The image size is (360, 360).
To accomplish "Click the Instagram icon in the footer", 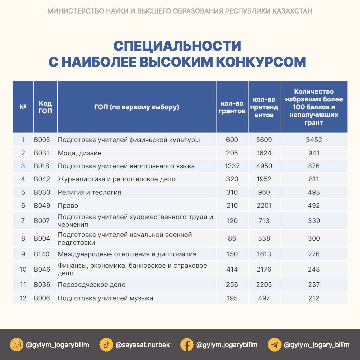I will (17, 345).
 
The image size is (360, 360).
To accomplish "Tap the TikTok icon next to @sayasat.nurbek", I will (106, 345).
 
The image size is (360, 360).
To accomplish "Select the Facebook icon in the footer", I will (187, 345).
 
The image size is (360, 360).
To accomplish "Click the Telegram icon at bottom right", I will (274, 345).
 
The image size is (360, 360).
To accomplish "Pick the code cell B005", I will (42, 140).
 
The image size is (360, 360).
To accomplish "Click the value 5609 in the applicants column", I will (264, 140).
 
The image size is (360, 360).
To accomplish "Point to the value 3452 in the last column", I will (314, 140).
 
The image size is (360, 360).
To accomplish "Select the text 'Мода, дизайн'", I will (80, 153).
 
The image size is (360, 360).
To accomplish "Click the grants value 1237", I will (232, 166).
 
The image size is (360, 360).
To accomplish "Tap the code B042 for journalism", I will (42, 179).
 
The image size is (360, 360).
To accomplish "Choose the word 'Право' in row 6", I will (68, 206).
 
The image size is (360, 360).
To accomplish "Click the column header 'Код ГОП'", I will (45, 107).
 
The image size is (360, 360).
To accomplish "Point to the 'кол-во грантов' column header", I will (232, 107).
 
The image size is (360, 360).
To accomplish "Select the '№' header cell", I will (23, 107).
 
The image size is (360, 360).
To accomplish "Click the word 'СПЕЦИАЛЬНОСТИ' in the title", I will (177, 46).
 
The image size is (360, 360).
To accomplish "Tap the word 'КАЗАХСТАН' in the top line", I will (292, 11).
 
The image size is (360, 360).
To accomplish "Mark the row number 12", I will (23, 298).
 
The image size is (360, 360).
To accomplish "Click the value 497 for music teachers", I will (264, 298).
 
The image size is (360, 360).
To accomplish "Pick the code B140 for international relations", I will (42, 254).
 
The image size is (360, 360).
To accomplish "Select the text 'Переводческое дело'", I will (92, 285).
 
